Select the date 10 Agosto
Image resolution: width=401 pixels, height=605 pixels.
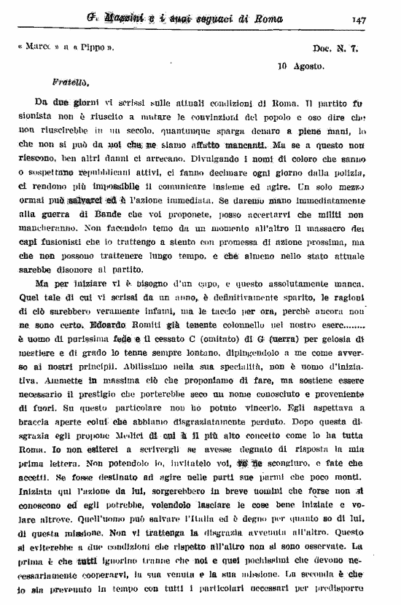coord(301,65)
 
